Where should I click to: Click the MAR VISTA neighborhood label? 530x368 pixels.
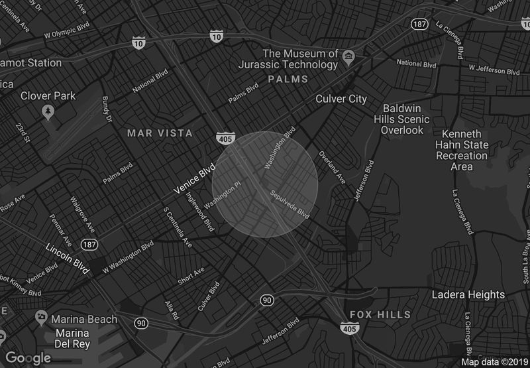coord(160,133)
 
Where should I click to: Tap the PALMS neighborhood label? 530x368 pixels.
coord(288,79)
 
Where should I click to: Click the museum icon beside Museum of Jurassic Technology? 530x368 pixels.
coord(348,53)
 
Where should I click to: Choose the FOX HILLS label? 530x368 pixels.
coord(380,314)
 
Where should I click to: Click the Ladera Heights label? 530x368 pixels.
coord(468,294)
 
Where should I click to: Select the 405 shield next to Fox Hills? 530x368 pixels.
coord(348,328)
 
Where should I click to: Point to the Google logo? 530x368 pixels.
coord(28,358)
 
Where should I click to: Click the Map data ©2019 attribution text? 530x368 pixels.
coord(494,362)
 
